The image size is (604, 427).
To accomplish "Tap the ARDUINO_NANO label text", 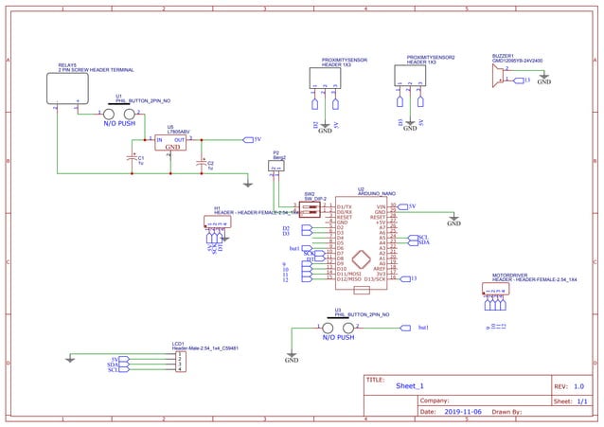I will [376, 193].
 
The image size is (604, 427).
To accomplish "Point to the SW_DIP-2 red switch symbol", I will [309, 207].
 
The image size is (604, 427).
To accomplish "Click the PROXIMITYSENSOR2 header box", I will [410, 76].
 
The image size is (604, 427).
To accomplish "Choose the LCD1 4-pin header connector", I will [180, 362].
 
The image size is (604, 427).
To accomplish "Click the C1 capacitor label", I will [141, 160].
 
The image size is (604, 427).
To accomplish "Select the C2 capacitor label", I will [210, 165].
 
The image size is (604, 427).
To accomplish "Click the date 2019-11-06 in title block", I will [463, 412].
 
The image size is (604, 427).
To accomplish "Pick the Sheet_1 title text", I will [410, 386].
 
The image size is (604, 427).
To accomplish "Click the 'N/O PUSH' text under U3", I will [338, 337].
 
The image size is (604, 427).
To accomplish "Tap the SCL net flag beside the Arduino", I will [423, 238].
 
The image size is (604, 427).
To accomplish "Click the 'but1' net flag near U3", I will [423, 327].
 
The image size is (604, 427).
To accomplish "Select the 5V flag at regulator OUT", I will [255, 139].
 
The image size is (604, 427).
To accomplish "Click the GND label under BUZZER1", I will [543, 82].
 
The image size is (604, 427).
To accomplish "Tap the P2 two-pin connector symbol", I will [275, 166].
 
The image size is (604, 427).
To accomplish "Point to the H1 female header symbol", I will [217, 223].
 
